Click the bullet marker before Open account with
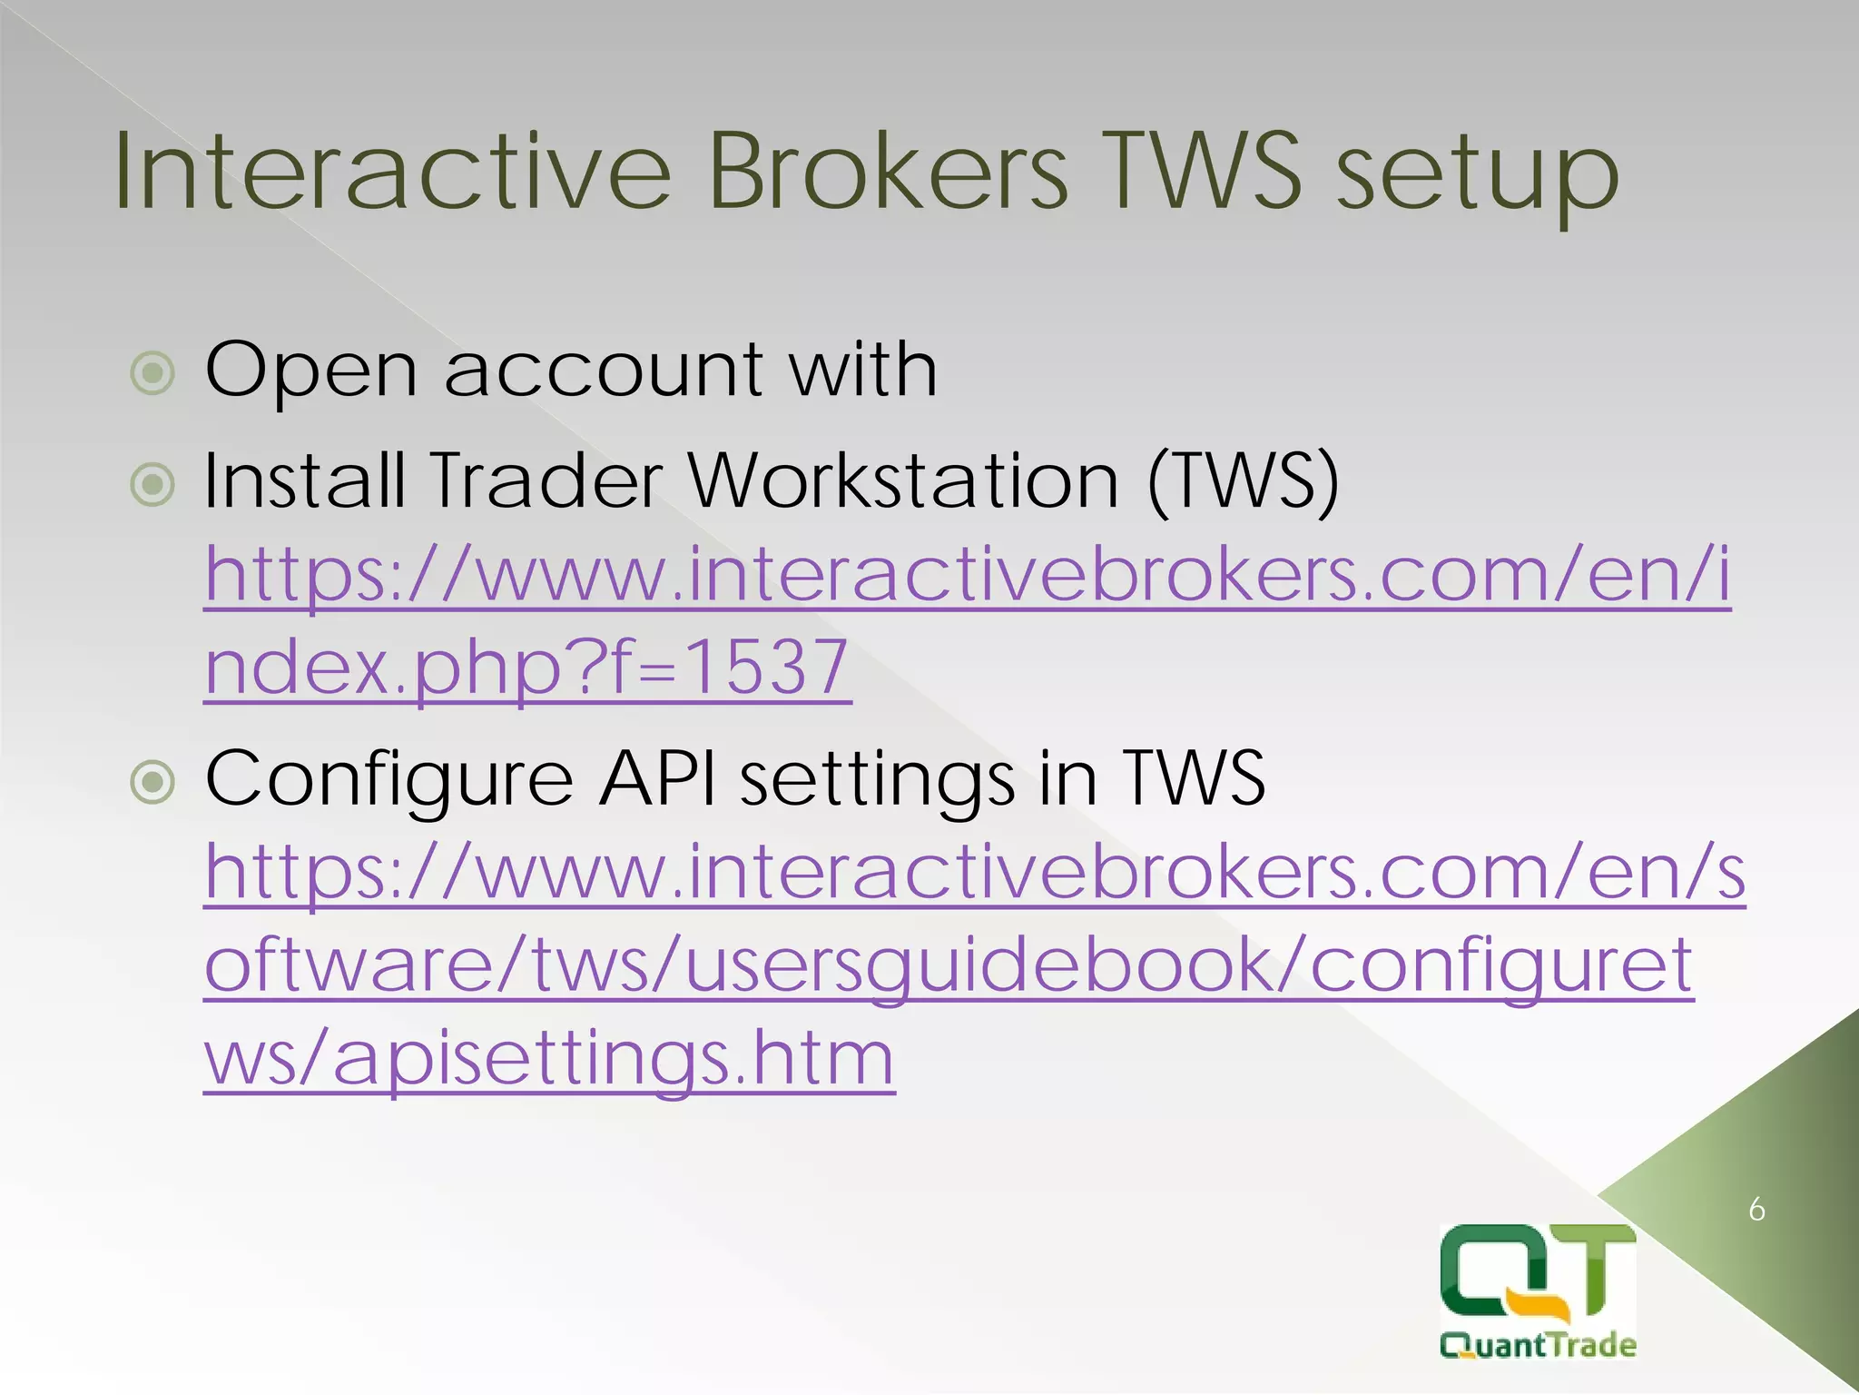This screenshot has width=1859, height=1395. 152,372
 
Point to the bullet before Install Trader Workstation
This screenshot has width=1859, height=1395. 152,484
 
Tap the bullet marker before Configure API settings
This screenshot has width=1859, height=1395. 152,781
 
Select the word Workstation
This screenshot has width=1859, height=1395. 903,480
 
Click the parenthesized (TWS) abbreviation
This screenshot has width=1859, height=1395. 1244,481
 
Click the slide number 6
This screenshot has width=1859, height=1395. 1756,1210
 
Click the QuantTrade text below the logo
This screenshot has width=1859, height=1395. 1538,1345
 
